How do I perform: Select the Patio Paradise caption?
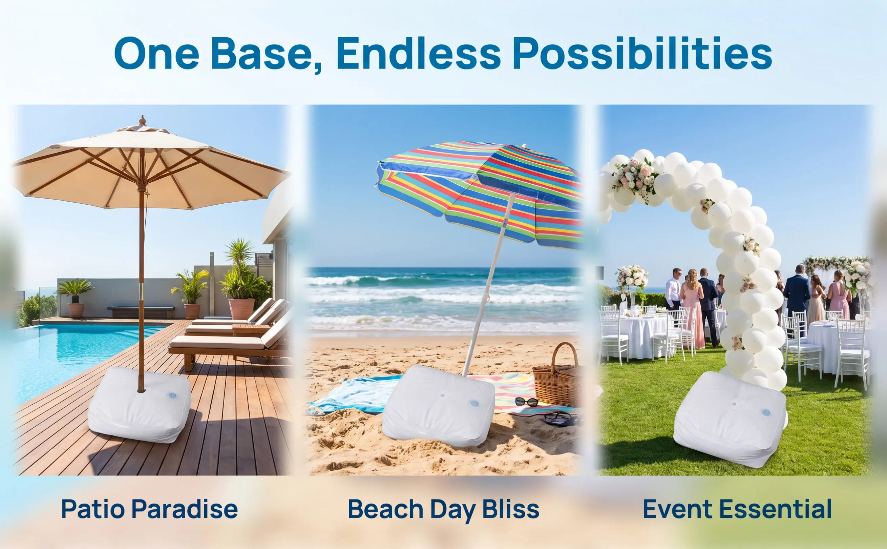149,509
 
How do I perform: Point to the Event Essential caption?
737,509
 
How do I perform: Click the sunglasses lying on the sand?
526,402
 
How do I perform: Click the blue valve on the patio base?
172,395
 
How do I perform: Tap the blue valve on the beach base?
474,403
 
